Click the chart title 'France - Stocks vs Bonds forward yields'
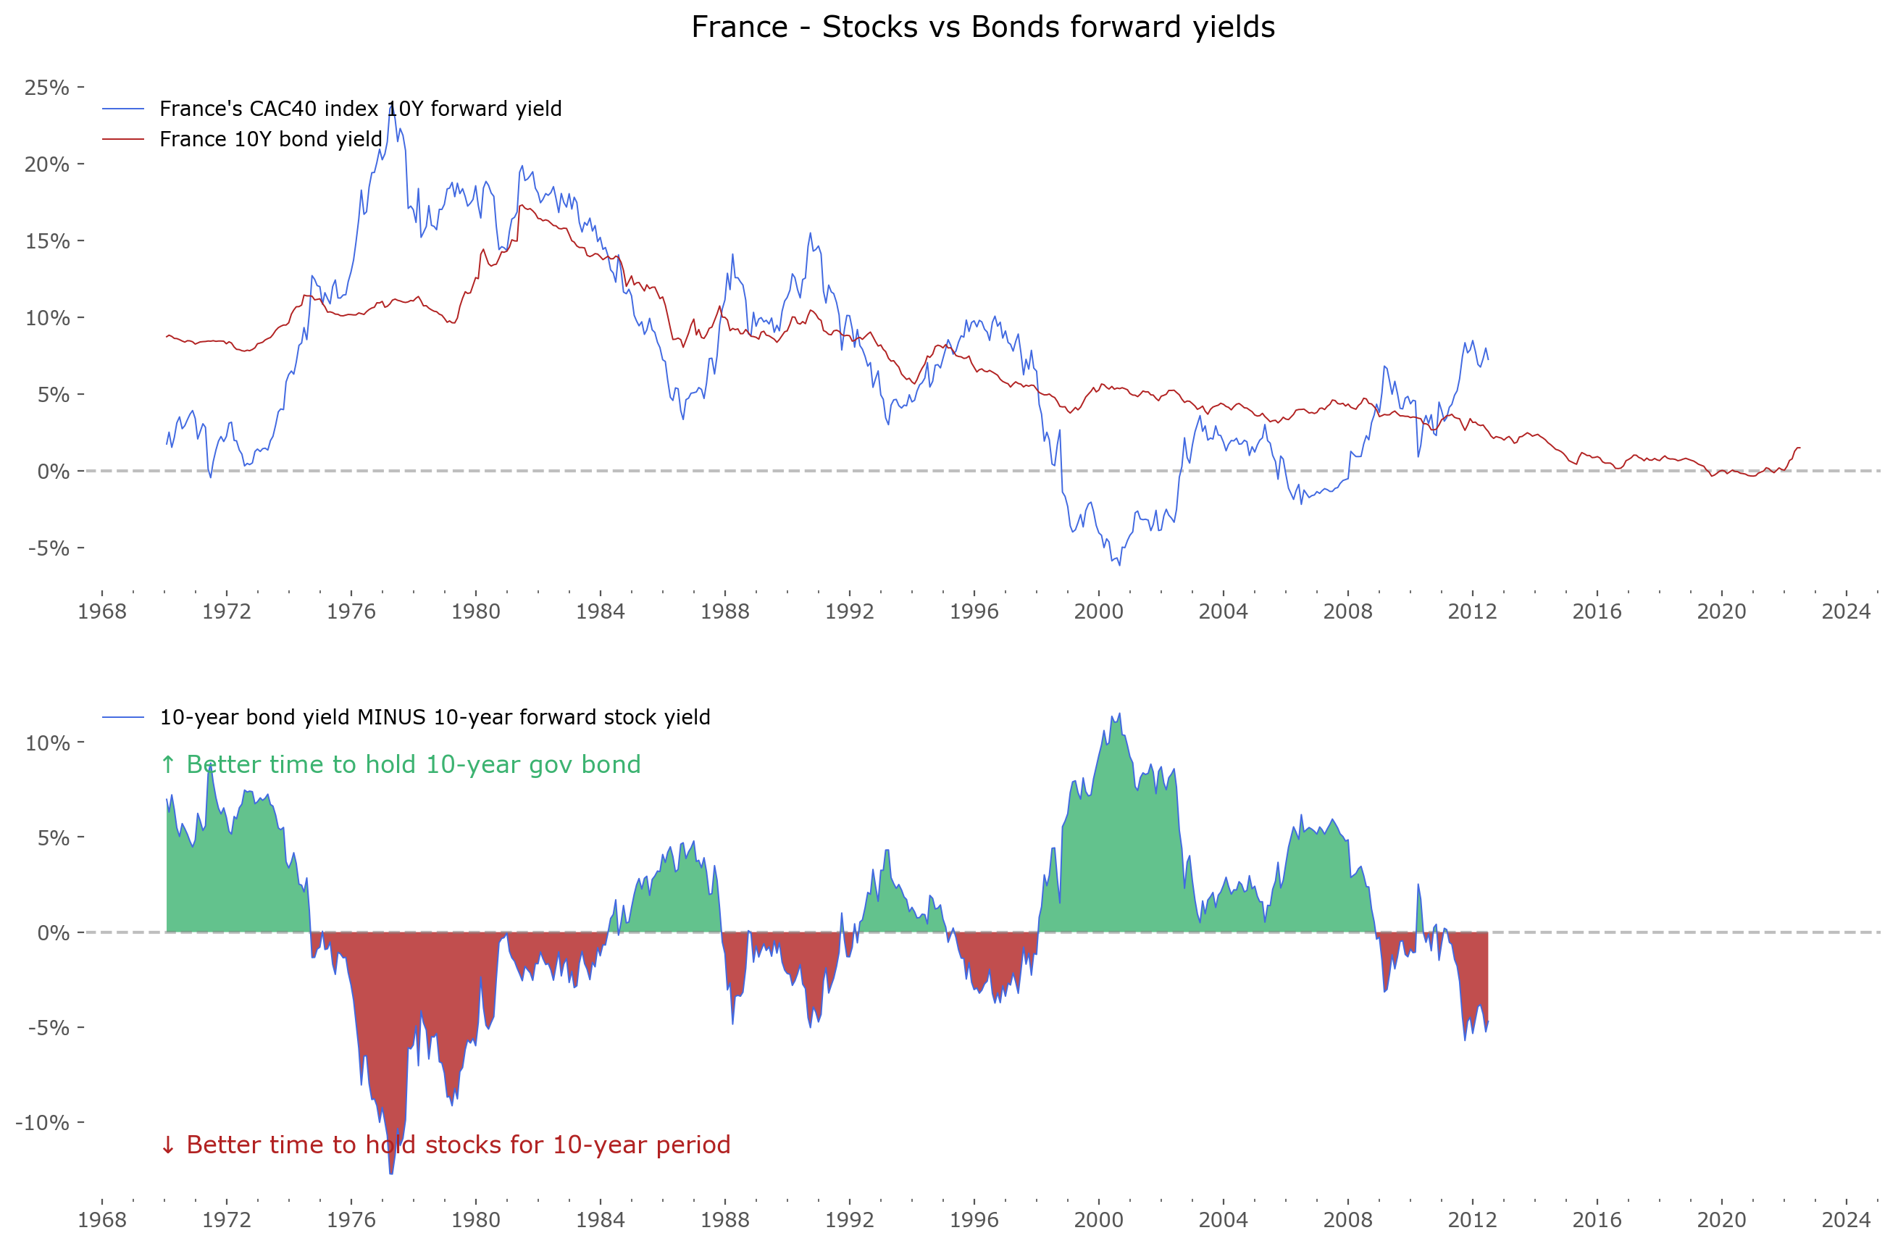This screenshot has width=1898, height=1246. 982,27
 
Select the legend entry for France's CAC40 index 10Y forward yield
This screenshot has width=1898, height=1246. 359,109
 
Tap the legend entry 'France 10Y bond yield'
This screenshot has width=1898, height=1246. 270,139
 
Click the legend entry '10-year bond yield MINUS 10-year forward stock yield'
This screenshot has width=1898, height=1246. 434,717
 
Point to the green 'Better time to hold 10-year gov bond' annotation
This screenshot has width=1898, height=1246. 401,764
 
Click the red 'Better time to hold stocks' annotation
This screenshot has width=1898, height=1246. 446,1145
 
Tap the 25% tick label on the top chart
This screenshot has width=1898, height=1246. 46,87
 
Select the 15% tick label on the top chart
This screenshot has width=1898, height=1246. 46,241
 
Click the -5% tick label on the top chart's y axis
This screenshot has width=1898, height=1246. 48,548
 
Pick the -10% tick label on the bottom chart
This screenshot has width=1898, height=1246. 42,1122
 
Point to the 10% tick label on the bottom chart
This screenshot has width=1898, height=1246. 46,743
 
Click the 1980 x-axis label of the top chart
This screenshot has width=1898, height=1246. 476,612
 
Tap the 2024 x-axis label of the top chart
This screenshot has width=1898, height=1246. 1846,612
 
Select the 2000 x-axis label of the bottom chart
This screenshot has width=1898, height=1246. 1099,1220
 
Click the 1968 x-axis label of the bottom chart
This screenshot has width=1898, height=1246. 102,1220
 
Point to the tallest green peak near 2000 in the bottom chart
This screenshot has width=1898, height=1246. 1120,714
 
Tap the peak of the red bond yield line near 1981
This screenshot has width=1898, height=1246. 522,205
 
